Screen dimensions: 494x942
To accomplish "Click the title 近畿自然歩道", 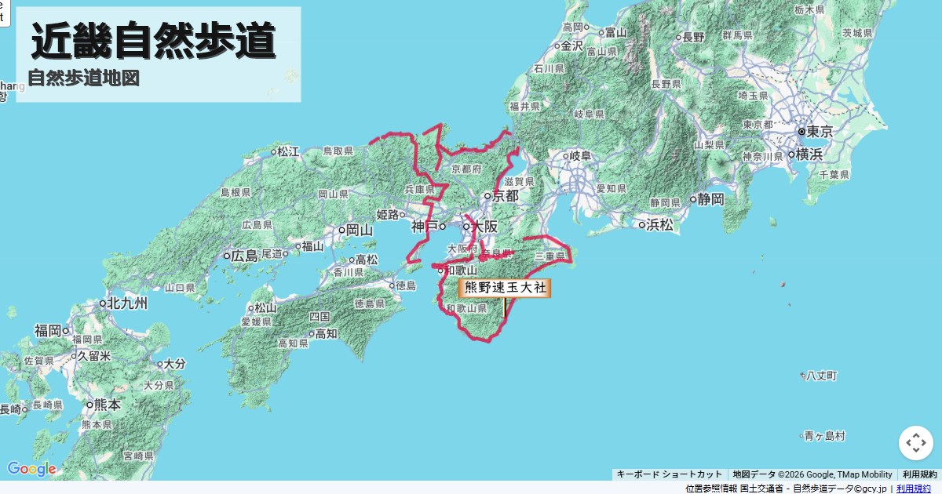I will click(154, 41).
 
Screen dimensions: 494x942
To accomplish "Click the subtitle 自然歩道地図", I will click(83, 78).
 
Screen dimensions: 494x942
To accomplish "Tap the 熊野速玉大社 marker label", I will click(505, 288).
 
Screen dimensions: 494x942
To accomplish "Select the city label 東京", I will click(819, 132).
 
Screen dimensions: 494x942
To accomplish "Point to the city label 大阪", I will click(484, 227).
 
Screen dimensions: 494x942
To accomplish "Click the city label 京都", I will click(505, 196).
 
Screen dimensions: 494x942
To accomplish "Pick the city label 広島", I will click(244, 256).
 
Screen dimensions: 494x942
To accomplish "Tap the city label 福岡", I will click(48, 331).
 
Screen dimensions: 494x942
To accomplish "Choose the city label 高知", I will click(326, 334).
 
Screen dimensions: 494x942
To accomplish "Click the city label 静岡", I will click(710, 199).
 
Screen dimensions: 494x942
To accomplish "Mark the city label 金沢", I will click(571, 46).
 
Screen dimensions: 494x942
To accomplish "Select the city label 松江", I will click(288, 151).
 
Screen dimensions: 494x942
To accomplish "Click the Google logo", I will click(31, 469).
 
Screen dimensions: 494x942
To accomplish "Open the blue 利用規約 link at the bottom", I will click(914, 489).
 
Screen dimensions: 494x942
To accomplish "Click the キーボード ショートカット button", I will click(669, 474).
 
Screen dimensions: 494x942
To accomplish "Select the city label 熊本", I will click(107, 405).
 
